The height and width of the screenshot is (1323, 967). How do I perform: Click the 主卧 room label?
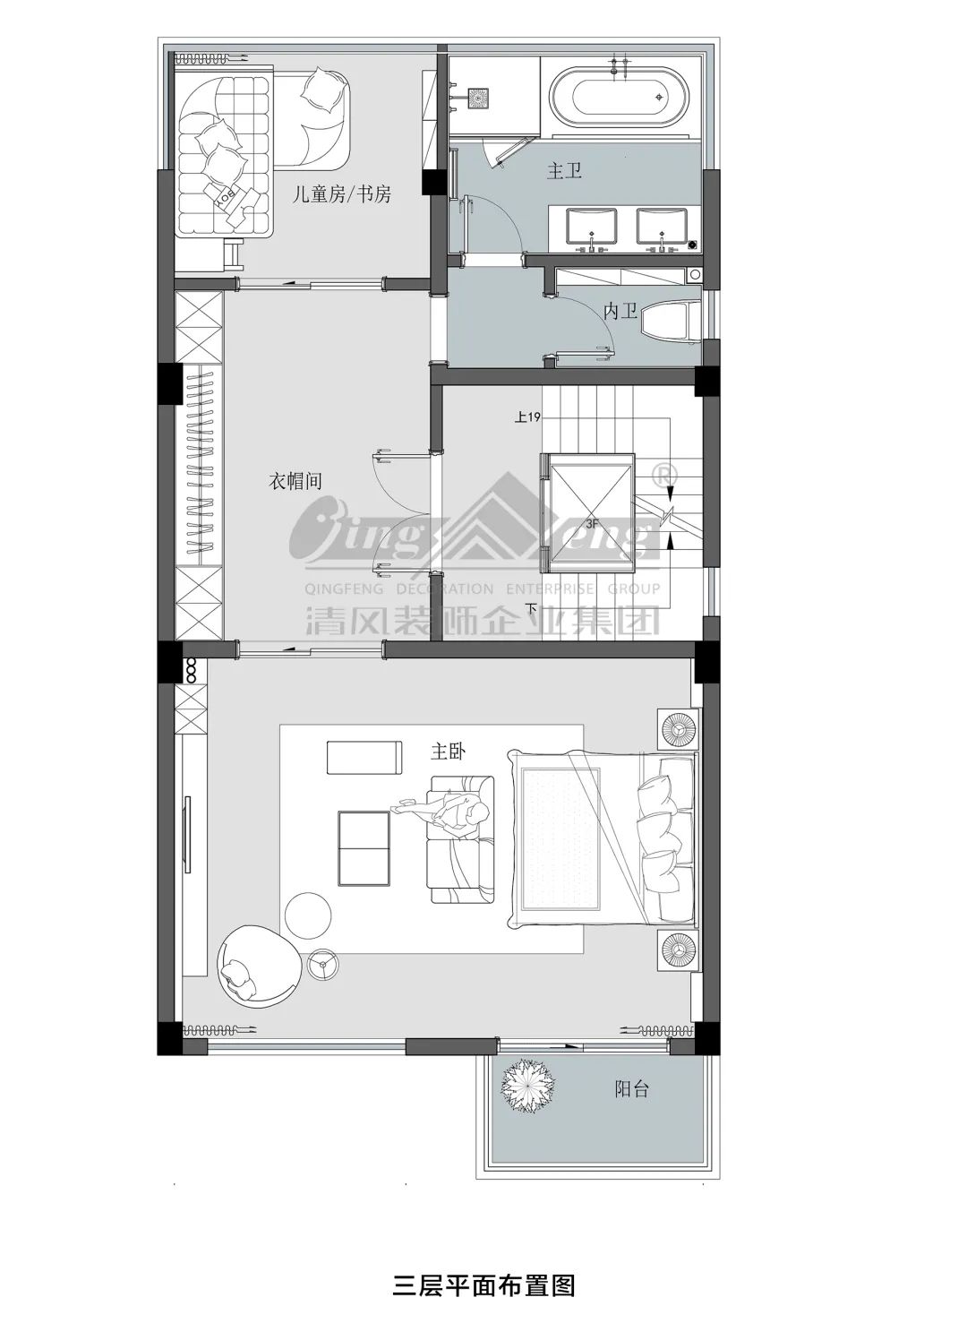click(x=448, y=752)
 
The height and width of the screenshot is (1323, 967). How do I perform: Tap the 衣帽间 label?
click(x=295, y=481)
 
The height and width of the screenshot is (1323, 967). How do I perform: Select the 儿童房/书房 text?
click(x=342, y=193)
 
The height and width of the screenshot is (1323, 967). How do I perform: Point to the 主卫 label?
click(x=564, y=171)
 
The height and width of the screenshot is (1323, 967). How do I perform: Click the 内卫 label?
click(x=620, y=311)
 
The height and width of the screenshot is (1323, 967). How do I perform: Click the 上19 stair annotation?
click(x=527, y=417)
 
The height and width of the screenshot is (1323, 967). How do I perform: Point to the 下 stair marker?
click(x=531, y=607)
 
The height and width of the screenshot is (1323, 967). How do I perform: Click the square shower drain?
click(x=477, y=98)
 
